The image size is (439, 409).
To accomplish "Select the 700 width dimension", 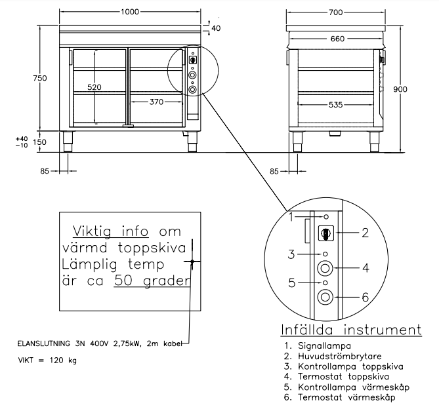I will coord(336,12).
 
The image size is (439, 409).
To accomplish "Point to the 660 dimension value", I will coord(337,39).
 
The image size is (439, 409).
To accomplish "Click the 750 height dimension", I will coord(40,78).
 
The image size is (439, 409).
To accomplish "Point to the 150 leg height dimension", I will coord(41,142).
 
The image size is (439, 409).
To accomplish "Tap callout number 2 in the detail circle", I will coord(366,232).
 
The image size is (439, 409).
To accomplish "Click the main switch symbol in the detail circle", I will coord(324,232).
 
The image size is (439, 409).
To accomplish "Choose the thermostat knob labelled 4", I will coord(324,268).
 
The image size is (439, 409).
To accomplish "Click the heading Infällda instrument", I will coord(351,329).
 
